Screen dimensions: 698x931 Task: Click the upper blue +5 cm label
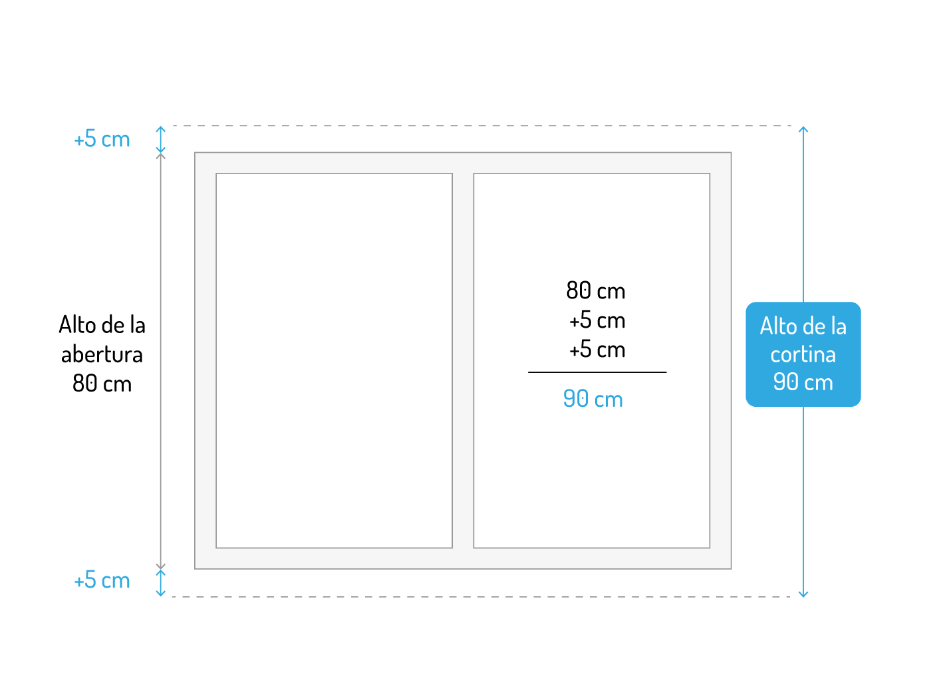tap(102, 140)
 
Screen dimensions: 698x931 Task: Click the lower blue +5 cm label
tap(102, 580)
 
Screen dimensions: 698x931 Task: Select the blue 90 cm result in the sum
tap(593, 399)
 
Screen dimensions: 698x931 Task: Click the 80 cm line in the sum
tap(595, 291)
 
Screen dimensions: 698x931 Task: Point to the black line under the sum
tap(597, 372)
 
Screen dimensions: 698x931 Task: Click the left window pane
tap(334, 360)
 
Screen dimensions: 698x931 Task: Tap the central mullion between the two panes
tap(463, 360)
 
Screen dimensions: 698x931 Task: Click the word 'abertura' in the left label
tap(102, 354)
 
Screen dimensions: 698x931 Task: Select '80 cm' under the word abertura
tap(102, 384)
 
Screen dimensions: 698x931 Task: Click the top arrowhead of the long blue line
tap(803, 129)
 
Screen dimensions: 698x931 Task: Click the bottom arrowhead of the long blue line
tap(803, 594)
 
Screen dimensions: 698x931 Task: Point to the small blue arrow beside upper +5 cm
tap(160, 140)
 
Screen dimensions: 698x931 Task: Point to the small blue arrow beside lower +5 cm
tap(160, 582)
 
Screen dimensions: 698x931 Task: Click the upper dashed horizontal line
tap(479, 126)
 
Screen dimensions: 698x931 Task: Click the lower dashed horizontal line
tap(479, 597)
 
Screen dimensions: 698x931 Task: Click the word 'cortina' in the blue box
tap(803, 354)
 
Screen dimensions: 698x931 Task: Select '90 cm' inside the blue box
tap(803, 382)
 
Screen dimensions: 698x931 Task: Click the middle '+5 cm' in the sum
tap(597, 320)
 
